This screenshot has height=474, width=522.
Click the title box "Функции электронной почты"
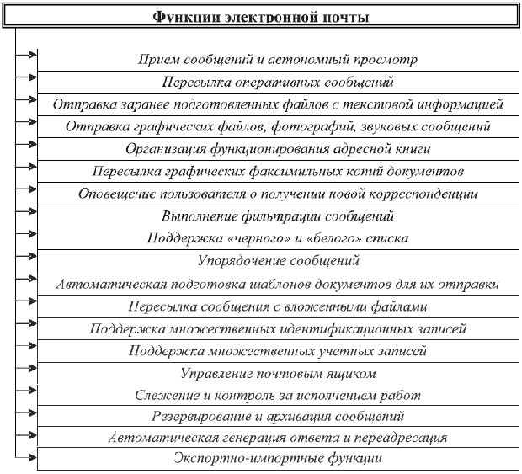point(262,17)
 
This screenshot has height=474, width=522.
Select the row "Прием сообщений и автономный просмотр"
point(277,61)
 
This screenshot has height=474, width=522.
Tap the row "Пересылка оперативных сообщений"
point(277,83)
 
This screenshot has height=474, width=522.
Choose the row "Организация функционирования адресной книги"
point(277,149)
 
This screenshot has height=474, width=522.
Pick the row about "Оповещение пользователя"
point(277,194)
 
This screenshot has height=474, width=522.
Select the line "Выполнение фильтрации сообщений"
point(277,216)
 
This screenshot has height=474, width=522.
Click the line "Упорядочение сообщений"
point(277,261)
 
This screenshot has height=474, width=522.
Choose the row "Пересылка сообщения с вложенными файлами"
point(277,306)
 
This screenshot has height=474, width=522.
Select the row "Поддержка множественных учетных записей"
point(277,350)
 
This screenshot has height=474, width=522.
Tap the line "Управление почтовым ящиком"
point(277,372)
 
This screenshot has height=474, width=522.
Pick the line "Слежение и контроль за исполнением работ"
point(277,394)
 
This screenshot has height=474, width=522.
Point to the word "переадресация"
point(403,438)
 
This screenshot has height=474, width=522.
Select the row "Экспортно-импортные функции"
point(277,460)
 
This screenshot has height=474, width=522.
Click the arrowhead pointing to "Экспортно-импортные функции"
point(32,459)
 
